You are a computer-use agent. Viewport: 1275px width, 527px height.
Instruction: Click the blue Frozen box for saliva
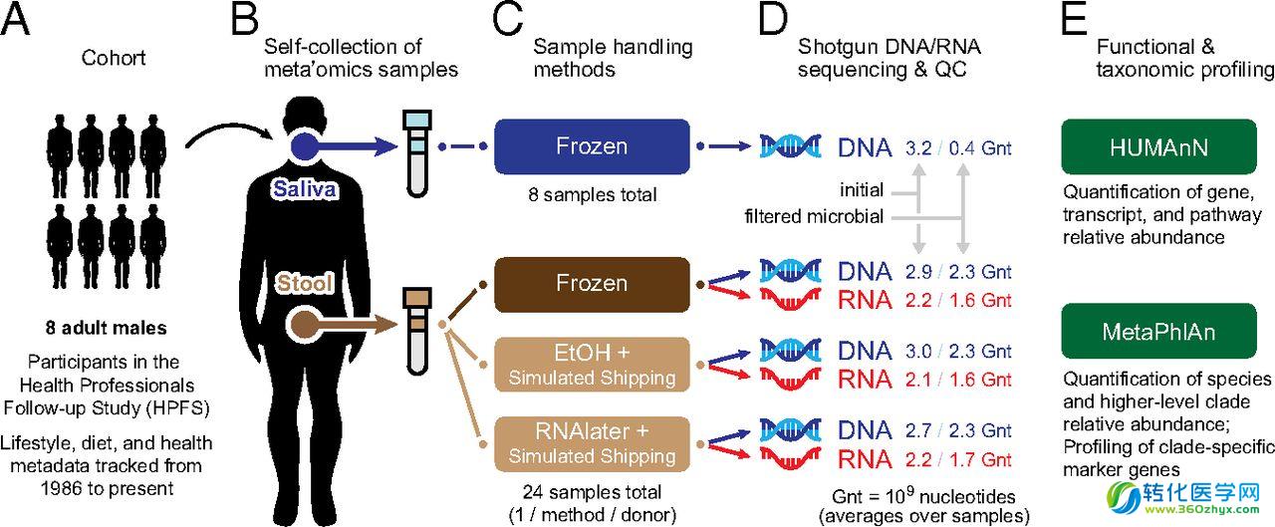click(592, 146)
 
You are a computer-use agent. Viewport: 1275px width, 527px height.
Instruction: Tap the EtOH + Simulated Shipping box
click(592, 365)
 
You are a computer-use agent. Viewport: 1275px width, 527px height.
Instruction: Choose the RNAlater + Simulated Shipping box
click(592, 444)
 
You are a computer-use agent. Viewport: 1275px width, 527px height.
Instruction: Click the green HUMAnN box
click(1158, 146)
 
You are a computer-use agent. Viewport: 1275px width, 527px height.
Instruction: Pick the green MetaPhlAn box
click(1158, 331)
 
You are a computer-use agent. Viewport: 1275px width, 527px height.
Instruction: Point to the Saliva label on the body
click(305, 189)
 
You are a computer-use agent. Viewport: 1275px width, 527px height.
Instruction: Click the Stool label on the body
click(305, 283)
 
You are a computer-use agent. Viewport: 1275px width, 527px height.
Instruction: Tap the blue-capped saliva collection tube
click(417, 153)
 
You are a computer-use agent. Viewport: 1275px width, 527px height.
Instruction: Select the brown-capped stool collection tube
click(417, 331)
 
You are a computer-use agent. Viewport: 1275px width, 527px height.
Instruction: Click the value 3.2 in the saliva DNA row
click(918, 148)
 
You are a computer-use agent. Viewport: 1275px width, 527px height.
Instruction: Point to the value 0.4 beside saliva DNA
click(962, 148)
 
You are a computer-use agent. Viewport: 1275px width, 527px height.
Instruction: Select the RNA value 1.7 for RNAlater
click(962, 460)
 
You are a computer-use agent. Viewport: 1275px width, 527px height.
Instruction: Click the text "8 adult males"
click(107, 328)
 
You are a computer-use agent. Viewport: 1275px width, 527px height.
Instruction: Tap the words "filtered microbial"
click(814, 216)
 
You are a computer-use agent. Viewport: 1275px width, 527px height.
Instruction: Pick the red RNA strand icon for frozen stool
click(791, 299)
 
